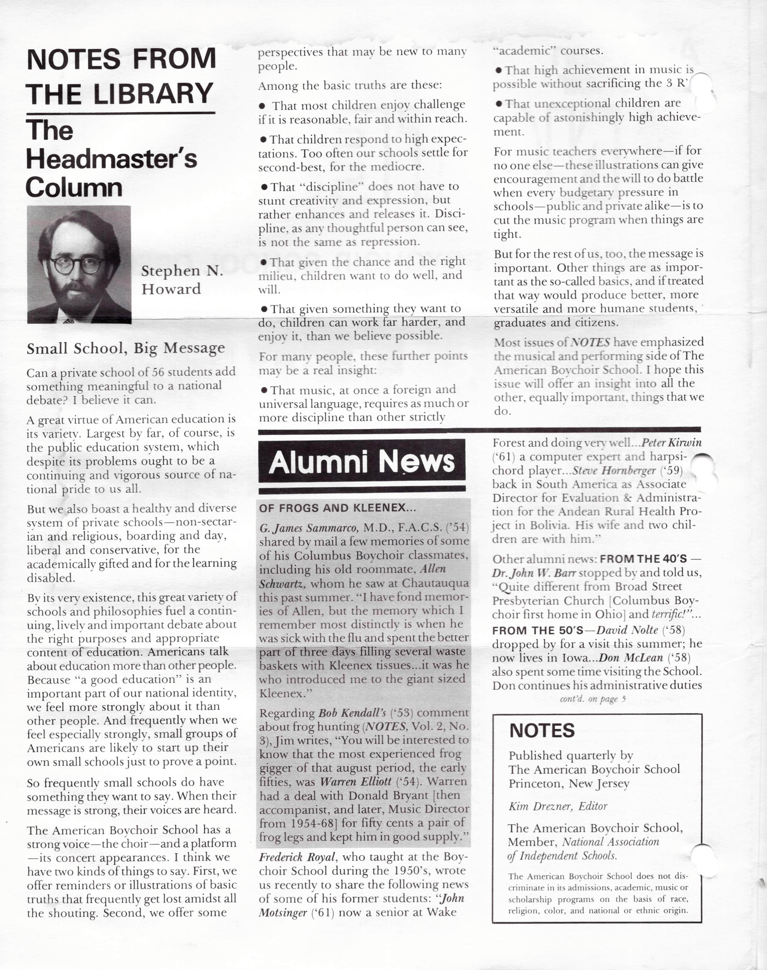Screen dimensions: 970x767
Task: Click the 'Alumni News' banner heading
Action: click(x=362, y=461)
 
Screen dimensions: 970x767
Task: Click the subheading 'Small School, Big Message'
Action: click(x=126, y=348)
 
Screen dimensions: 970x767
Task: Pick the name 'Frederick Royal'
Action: click(x=297, y=857)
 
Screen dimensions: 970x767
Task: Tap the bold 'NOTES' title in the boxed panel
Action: click(x=542, y=731)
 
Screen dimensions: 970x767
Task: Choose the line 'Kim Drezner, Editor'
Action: click(x=558, y=806)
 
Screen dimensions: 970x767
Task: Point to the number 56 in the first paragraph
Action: click(x=158, y=372)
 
